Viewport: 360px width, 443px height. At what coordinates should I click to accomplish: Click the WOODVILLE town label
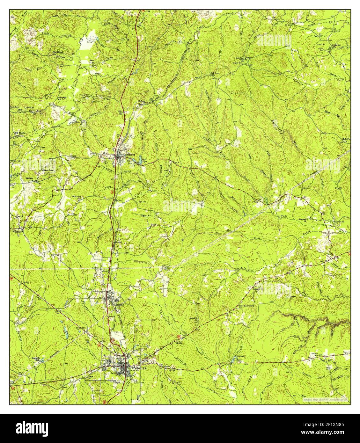[139, 368]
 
